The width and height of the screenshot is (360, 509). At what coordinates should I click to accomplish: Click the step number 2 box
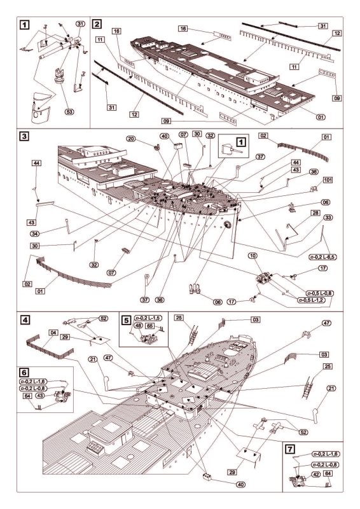click(97, 24)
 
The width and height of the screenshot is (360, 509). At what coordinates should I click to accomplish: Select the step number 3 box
click(24, 136)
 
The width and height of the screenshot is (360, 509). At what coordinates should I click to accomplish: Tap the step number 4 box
click(25, 320)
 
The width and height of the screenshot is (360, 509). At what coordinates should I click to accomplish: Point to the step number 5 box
click(127, 321)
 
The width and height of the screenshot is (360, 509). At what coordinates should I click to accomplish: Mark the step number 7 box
click(290, 449)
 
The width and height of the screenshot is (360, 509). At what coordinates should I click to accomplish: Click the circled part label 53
click(69, 111)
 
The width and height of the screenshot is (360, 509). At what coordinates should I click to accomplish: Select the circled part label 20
click(131, 139)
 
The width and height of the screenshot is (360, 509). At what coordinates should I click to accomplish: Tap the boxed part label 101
click(328, 180)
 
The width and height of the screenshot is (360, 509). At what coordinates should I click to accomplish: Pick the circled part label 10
click(253, 256)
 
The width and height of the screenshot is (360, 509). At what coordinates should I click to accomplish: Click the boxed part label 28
click(315, 213)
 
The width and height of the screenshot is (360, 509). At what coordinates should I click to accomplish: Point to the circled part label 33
click(328, 217)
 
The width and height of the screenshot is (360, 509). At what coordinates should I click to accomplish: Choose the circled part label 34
click(35, 234)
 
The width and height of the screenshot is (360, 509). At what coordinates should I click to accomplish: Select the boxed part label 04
click(53, 333)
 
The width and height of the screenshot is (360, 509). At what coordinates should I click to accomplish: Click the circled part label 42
click(317, 474)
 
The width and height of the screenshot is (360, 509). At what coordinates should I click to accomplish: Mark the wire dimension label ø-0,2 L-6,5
click(322, 257)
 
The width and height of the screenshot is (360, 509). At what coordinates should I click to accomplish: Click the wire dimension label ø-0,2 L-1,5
click(148, 318)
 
